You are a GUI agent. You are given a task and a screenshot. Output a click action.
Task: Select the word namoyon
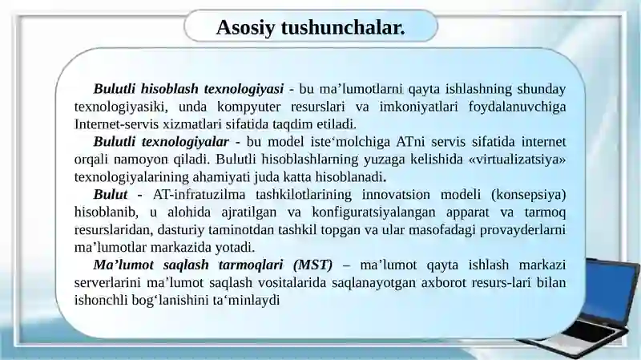coord(163,159)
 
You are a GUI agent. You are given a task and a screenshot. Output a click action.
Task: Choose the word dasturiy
coord(168,229)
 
